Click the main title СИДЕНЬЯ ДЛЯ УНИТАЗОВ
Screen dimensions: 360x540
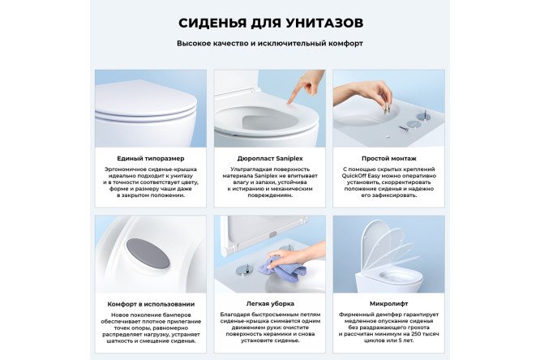270,21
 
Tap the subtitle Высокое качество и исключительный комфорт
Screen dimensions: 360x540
270,43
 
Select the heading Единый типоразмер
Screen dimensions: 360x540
151,159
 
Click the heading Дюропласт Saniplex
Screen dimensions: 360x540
269,159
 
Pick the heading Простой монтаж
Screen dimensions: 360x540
388,159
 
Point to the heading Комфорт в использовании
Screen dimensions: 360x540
151,304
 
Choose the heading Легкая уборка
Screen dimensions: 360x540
269,304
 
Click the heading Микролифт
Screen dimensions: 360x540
388,304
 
